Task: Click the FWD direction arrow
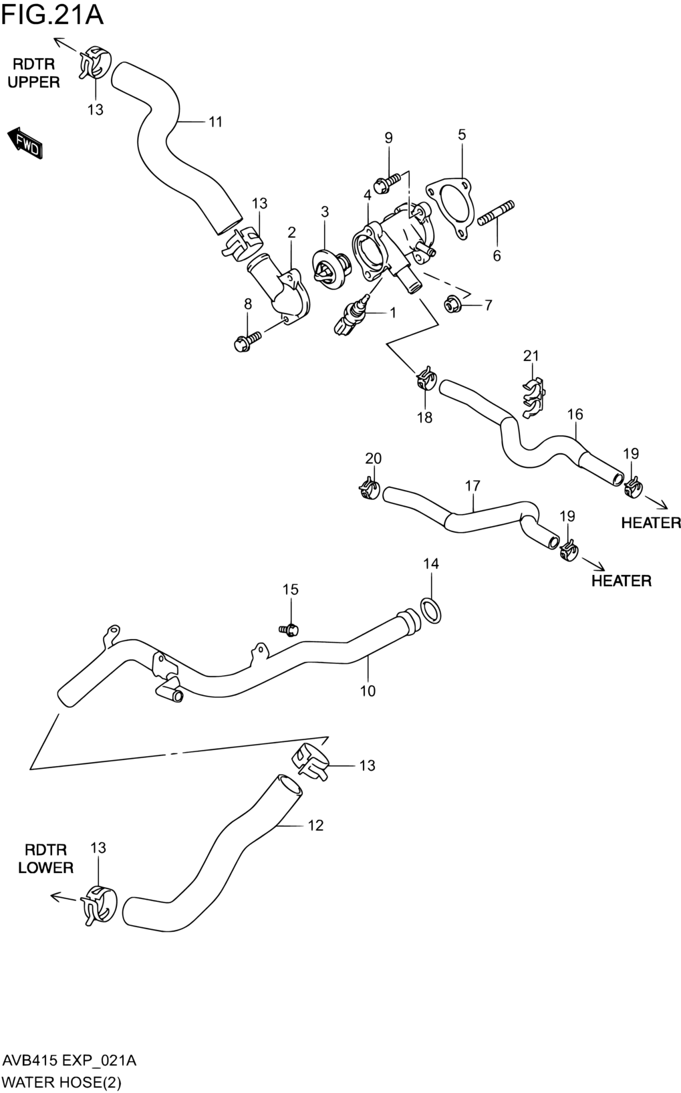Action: tap(25, 143)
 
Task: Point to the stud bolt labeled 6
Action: tap(496, 214)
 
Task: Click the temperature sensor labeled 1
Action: tap(352, 316)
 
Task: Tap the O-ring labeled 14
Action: tap(430, 611)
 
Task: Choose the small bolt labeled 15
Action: tap(289, 630)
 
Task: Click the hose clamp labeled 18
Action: tap(426, 378)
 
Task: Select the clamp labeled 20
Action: tap(370, 489)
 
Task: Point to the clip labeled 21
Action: tap(533, 397)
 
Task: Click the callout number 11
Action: tap(216, 122)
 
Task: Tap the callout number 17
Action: tap(472, 485)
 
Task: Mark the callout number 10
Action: tap(368, 691)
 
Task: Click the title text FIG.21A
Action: tap(52, 15)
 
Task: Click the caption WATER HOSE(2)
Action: tap(62, 1082)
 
